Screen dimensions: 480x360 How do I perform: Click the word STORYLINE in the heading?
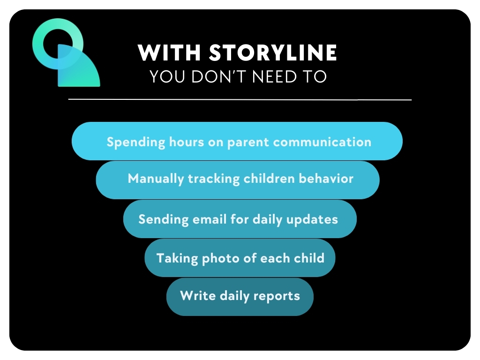click(273, 52)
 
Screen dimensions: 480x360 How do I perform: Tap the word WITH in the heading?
click(169, 52)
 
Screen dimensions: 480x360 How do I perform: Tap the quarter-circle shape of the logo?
click(78, 69)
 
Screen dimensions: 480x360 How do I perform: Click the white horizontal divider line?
click(240, 99)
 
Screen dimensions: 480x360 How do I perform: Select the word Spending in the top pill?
click(136, 142)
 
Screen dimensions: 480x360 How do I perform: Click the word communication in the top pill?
click(322, 142)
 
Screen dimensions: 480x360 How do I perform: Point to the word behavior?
click(326, 179)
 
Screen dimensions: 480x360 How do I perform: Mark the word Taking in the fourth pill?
click(177, 259)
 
